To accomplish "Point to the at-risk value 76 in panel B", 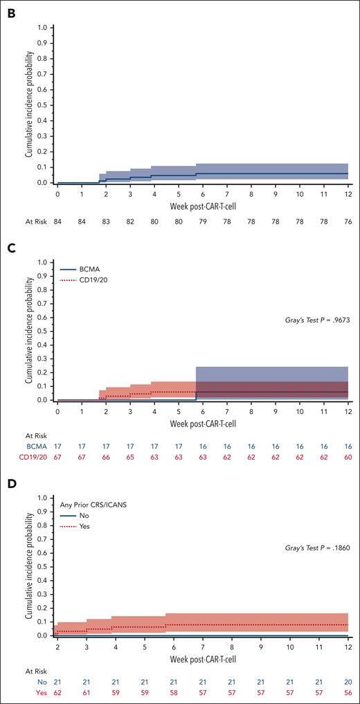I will (348, 221).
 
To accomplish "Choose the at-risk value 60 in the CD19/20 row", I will (348, 458).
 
